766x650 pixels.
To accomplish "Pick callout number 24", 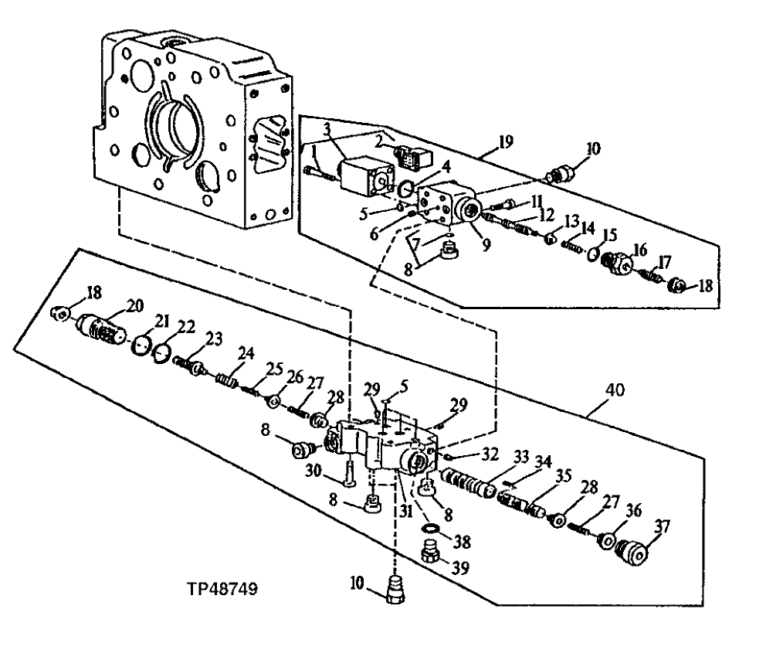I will pyautogui.click(x=246, y=354).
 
